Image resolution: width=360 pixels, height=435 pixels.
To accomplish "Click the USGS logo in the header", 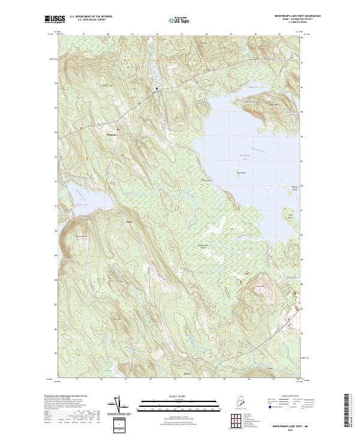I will click(x=54, y=20).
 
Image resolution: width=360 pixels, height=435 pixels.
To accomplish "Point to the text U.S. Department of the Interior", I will click(x=91, y=17).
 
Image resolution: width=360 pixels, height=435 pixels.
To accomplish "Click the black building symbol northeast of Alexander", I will click(x=158, y=89).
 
